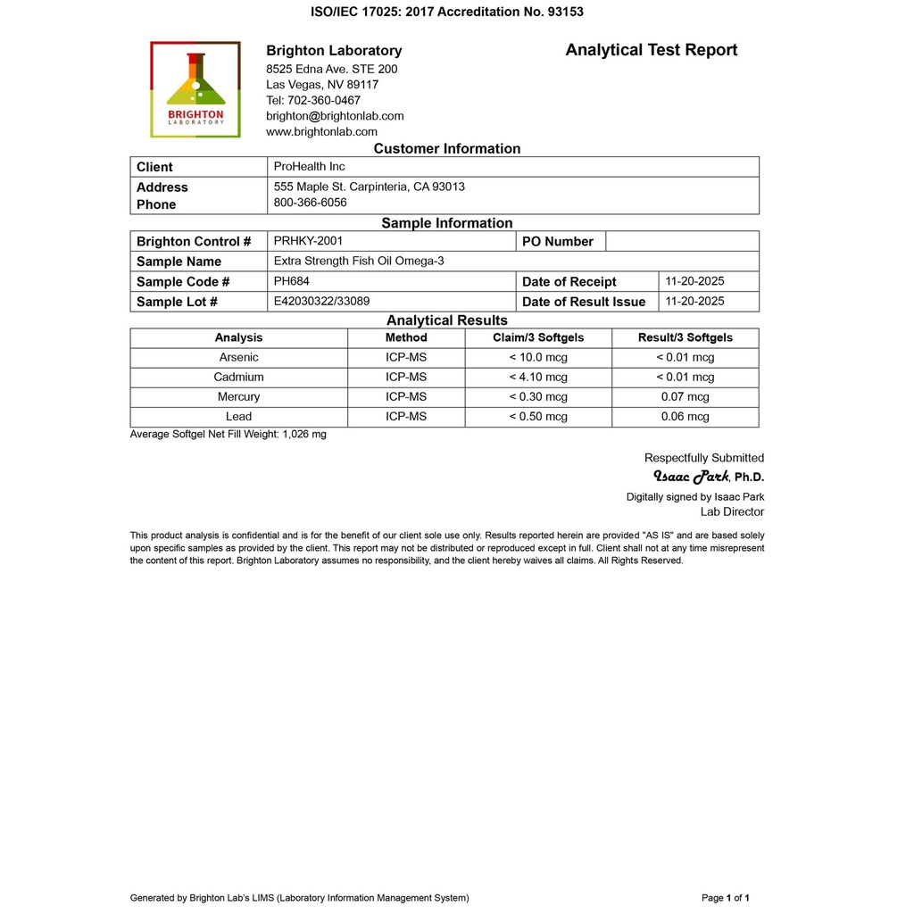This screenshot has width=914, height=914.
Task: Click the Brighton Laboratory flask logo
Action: (195, 89)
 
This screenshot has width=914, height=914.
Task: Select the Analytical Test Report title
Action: (651, 50)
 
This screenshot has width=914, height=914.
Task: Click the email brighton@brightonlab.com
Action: (335, 116)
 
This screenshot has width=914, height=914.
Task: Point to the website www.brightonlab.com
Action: (321, 131)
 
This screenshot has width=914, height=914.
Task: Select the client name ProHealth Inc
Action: (309, 167)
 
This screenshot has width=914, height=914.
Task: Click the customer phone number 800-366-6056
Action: (310, 203)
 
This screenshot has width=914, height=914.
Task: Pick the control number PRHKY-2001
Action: (308, 241)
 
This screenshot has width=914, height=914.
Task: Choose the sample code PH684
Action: (291, 281)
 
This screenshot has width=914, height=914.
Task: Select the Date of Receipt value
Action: (694, 281)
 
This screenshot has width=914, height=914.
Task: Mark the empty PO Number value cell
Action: (682, 241)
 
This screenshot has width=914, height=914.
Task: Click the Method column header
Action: (406, 337)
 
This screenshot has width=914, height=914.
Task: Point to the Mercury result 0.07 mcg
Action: (685, 396)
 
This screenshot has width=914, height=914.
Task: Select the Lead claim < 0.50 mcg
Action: (538, 416)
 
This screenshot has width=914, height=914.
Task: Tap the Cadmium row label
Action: (238, 377)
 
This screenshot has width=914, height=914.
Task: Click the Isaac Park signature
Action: (692, 476)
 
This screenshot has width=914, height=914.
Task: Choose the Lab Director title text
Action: (732, 511)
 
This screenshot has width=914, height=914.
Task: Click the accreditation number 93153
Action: (565, 12)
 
